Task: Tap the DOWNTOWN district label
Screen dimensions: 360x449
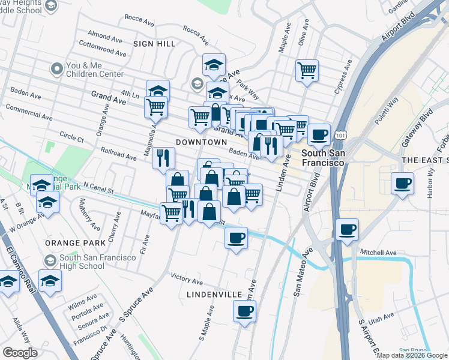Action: pos(201,142)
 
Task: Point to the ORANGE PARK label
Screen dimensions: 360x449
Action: pos(66,244)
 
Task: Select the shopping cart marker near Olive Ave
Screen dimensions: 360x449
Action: pos(307,70)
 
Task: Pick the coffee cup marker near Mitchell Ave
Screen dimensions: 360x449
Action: pos(347,229)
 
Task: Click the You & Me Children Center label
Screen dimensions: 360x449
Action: pos(95,70)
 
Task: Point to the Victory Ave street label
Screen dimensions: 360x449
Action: pos(187,279)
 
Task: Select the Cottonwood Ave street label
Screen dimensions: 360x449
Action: pos(103,48)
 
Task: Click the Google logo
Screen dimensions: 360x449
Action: pos(20,353)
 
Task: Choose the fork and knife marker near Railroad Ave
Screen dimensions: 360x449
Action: pos(163,158)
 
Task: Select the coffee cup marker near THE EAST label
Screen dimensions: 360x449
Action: pos(402,183)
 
